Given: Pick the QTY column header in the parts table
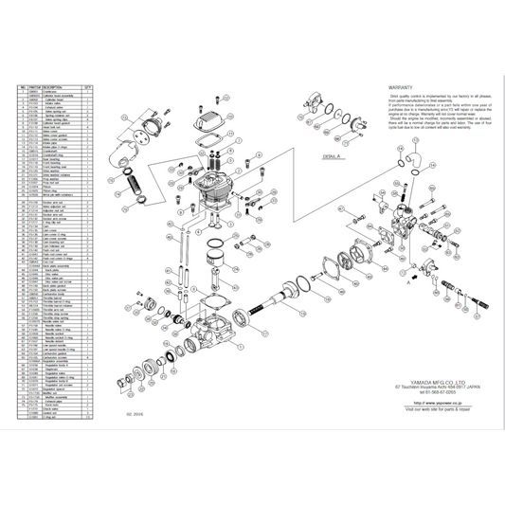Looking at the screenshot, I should pyautogui.click(x=87, y=84).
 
